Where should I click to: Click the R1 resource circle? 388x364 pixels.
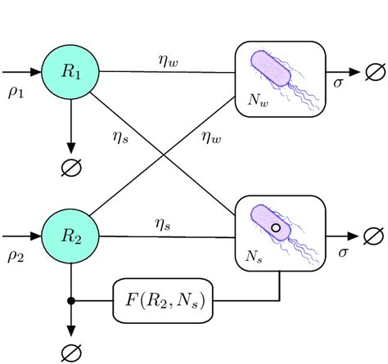click(71, 71)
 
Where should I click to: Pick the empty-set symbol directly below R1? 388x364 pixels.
click(71, 168)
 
